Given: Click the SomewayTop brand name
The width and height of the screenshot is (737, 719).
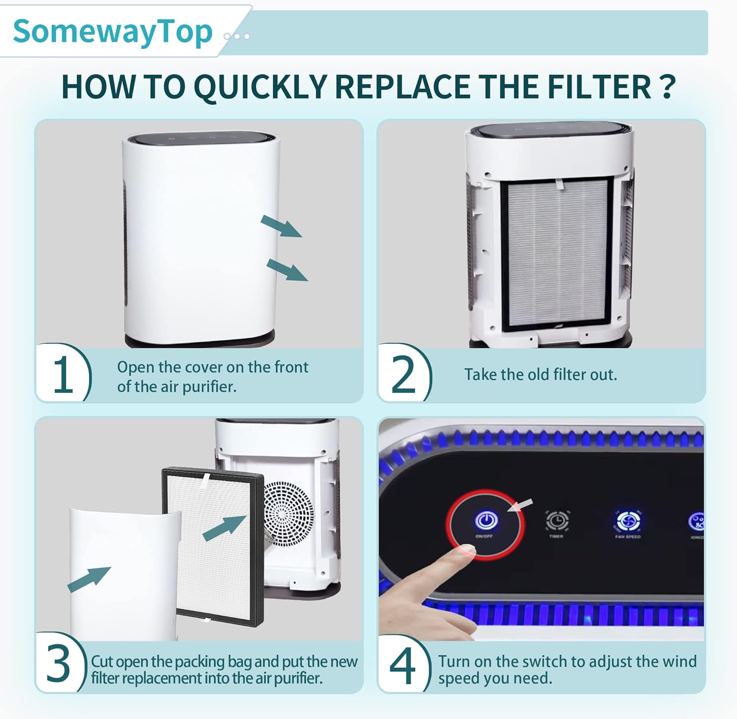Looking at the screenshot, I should click(113, 32).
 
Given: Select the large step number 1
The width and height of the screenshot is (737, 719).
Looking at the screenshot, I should click(63, 375).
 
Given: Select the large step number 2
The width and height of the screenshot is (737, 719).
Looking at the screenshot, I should click(403, 375).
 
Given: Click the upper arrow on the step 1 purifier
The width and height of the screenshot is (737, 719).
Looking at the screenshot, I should click(282, 226).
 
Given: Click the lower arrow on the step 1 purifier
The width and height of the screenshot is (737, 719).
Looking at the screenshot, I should click(287, 270).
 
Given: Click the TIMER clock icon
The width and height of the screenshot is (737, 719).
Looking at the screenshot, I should click(557, 521).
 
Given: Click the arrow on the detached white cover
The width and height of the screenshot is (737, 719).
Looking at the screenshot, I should click(89, 579).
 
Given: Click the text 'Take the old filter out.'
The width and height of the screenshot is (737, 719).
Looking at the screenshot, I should click(540, 375).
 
